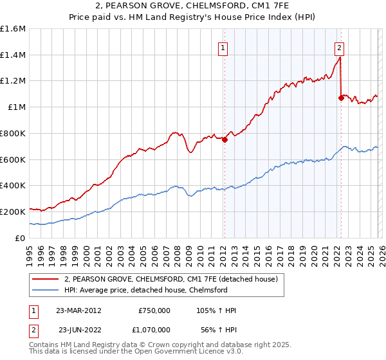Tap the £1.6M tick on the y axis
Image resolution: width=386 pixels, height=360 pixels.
13,29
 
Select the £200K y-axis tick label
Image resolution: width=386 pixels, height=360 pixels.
13,212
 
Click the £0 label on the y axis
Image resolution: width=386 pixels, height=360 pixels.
21,238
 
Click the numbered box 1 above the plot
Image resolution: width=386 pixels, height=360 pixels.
223,47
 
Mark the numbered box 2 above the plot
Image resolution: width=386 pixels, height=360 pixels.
339,47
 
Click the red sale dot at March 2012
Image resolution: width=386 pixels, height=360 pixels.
225,140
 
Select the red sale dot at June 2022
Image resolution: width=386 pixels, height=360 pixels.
341,98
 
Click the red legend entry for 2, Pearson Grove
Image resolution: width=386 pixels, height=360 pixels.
170,279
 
